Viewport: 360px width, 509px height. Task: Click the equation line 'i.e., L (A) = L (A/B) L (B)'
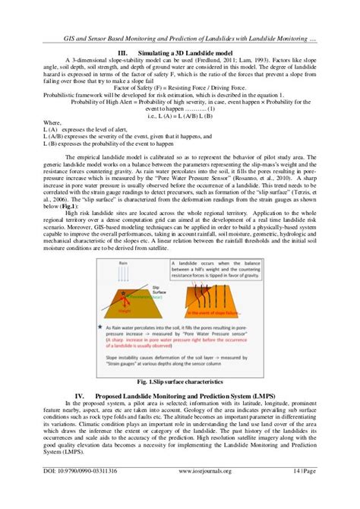pos(180,116)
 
